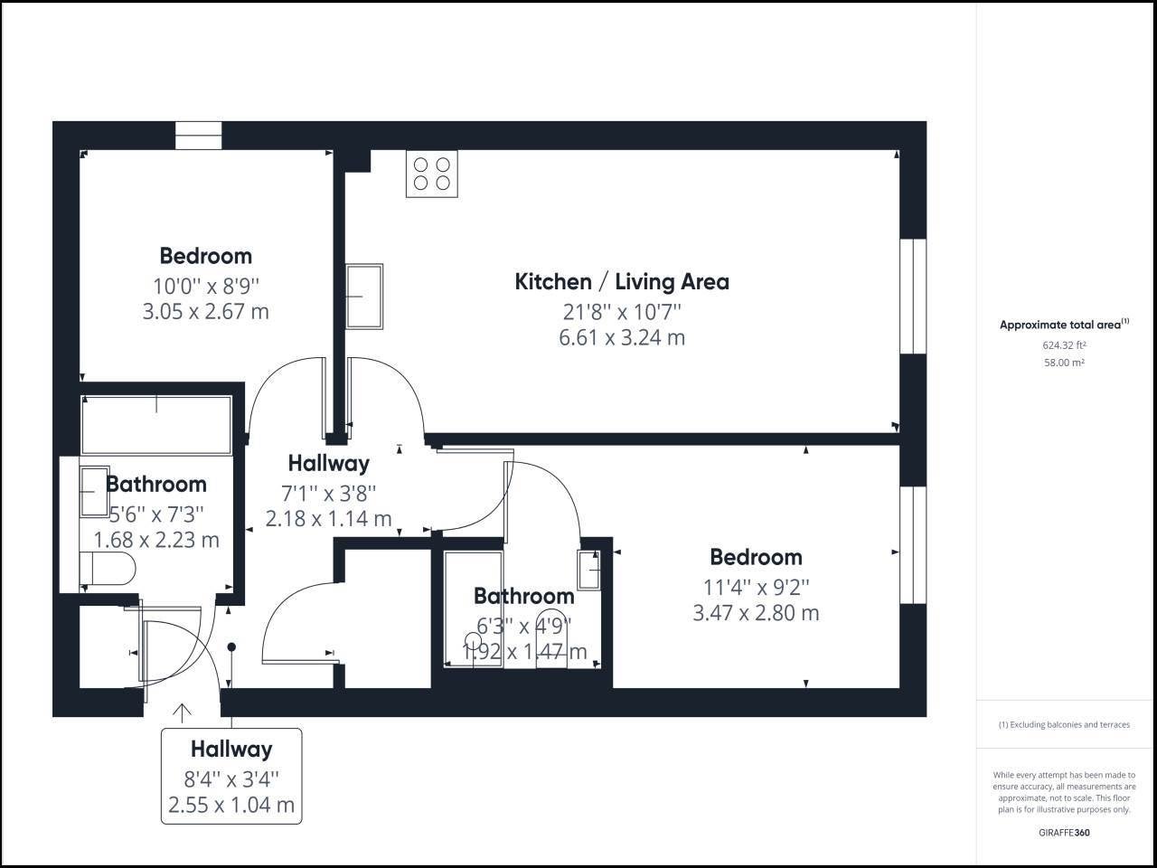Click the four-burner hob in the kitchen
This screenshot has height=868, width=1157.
pos(432,174)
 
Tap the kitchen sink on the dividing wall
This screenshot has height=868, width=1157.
pos(364,297)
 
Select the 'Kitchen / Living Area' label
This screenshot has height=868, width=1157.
pos(622,282)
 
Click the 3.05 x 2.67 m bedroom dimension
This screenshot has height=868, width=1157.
pos(206,311)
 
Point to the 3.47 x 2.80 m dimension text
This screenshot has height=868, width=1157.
pos(756,613)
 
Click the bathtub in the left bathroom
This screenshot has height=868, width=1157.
pos(156,425)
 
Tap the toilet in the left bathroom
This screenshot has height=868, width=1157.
pos(108,568)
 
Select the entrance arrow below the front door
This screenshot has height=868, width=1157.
pos(182,713)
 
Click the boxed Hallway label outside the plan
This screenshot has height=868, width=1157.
pos(231,777)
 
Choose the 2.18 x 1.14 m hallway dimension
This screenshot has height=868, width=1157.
pos(328,519)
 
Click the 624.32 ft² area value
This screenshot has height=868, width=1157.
pos(1064,345)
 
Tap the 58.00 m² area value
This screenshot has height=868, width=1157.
pos(1064,363)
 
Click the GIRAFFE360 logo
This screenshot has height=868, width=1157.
pos(1064,833)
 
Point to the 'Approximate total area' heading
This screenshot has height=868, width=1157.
pos(1064,324)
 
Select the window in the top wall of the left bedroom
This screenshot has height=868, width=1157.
pos(199,136)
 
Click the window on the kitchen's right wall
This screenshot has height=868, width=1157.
pos(913,297)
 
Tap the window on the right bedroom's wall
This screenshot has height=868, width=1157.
pos(913,545)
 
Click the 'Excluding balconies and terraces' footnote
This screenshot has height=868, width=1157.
pos(1064,724)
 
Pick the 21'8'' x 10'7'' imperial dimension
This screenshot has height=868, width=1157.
pos(622,312)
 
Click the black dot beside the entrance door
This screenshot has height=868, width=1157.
pos(231,646)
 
